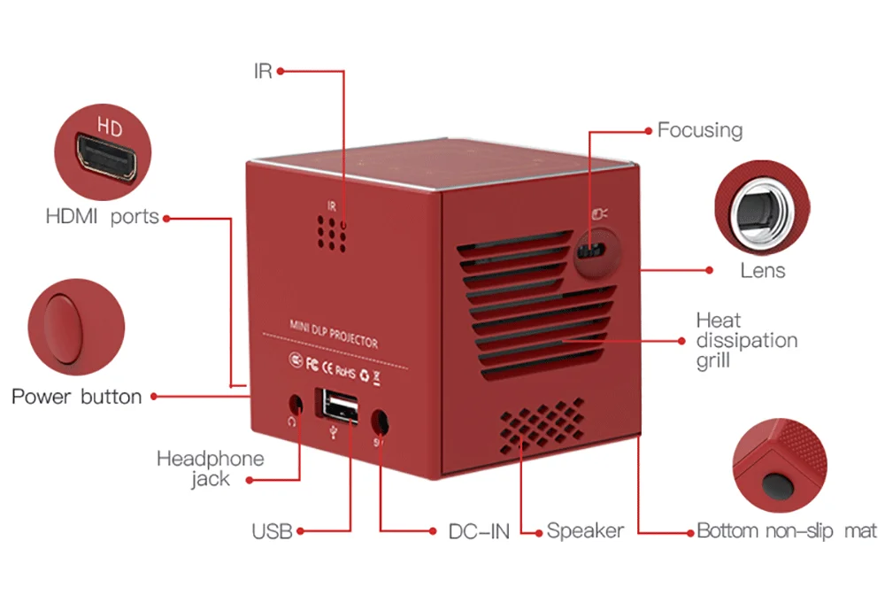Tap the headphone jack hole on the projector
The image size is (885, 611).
(x=296, y=405)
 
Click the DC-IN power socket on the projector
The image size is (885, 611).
(x=380, y=422)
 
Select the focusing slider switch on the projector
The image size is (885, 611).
(x=589, y=250)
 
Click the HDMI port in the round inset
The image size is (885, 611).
(x=107, y=158)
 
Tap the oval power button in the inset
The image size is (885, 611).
(x=64, y=329)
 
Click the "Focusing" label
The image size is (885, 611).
(x=700, y=130)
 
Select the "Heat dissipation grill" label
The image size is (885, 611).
(x=746, y=341)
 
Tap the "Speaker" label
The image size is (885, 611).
(x=585, y=530)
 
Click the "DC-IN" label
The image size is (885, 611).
(x=479, y=531)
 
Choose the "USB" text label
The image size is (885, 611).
(x=272, y=531)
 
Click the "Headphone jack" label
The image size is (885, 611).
(x=211, y=468)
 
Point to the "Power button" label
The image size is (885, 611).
(x=77, y=397)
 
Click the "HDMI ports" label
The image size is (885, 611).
(x=102, y=216)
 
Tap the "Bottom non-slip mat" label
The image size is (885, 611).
(x=787, y=530)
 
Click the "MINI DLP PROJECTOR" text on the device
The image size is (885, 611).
(x=334, y=333)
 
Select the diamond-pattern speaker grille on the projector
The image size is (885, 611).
(x=542, y=425)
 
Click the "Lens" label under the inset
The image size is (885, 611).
(x=763, y=270)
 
